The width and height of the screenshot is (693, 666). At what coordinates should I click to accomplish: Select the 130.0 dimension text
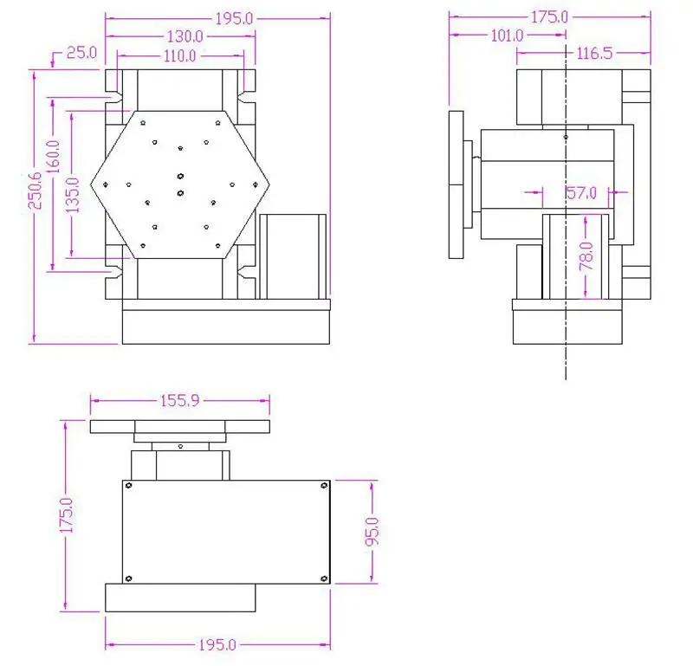[183, 36]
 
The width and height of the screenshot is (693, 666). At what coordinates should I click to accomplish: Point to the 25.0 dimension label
[80, 54]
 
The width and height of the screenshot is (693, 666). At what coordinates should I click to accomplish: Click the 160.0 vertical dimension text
[55, 159]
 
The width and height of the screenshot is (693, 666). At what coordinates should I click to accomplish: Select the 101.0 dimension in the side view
[506, 36]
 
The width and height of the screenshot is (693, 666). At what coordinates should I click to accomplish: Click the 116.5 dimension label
[594, 54]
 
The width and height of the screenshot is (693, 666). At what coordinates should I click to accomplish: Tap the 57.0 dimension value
[581, 193]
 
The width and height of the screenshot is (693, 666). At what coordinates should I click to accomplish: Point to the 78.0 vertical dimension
[587, 257]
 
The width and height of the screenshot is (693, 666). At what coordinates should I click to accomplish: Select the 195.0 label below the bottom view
[217, 645]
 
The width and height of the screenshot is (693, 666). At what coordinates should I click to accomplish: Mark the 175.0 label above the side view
[549, 16]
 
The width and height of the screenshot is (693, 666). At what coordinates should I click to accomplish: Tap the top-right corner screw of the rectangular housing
[324, 486]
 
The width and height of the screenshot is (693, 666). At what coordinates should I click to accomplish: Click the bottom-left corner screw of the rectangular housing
[128, 579]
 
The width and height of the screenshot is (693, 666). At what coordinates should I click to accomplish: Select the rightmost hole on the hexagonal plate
[256, 184]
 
